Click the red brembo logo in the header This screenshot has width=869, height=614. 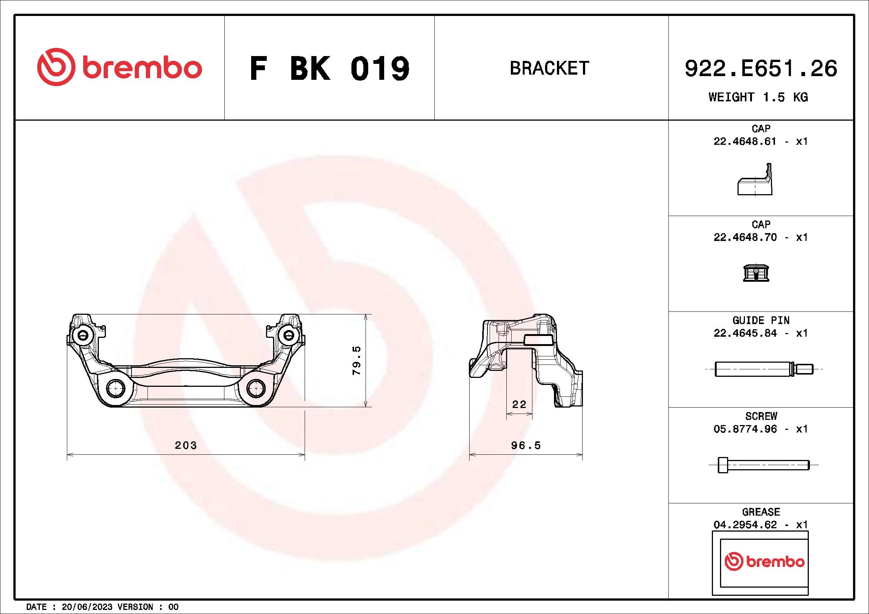pyautogui.click(x=119, y=67)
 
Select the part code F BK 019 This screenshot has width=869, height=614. pyautogui.click(x=329, y=69)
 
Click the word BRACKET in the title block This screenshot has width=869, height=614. pyautogui.click(x=549, y=68)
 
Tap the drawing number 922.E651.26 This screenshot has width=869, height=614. pyautogui.click(x=761, y=69)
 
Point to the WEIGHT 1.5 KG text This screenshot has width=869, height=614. pyautogui.click(x=758, y=97)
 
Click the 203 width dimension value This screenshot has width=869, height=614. pyautogui.click(x=185, y=445)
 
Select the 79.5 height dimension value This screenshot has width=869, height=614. pyautogui.click(x=357, y=360)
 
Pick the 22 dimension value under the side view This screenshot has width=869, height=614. pyautogui.click(x=519, y=405)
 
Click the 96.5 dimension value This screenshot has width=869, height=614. pyautogui.click(x=526, y=445)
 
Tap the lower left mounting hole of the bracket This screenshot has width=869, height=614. pyautogui.click(x=116, y=388)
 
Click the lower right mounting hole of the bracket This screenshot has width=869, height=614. pyautogui.click(x=256, y=388)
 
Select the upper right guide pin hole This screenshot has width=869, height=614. pyautogui.click(x=288, y=334)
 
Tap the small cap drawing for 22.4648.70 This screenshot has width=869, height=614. pyautogui.click(x=756, y=272)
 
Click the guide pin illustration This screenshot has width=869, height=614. pyautogui.click(x=763, y=369)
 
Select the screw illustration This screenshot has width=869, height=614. pyautogui.click(x=763, y=465)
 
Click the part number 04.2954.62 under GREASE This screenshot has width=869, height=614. pyautogui.click(x=745, y=525)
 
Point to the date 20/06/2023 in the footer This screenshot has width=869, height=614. pyautogui.click(x=87, y=607)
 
